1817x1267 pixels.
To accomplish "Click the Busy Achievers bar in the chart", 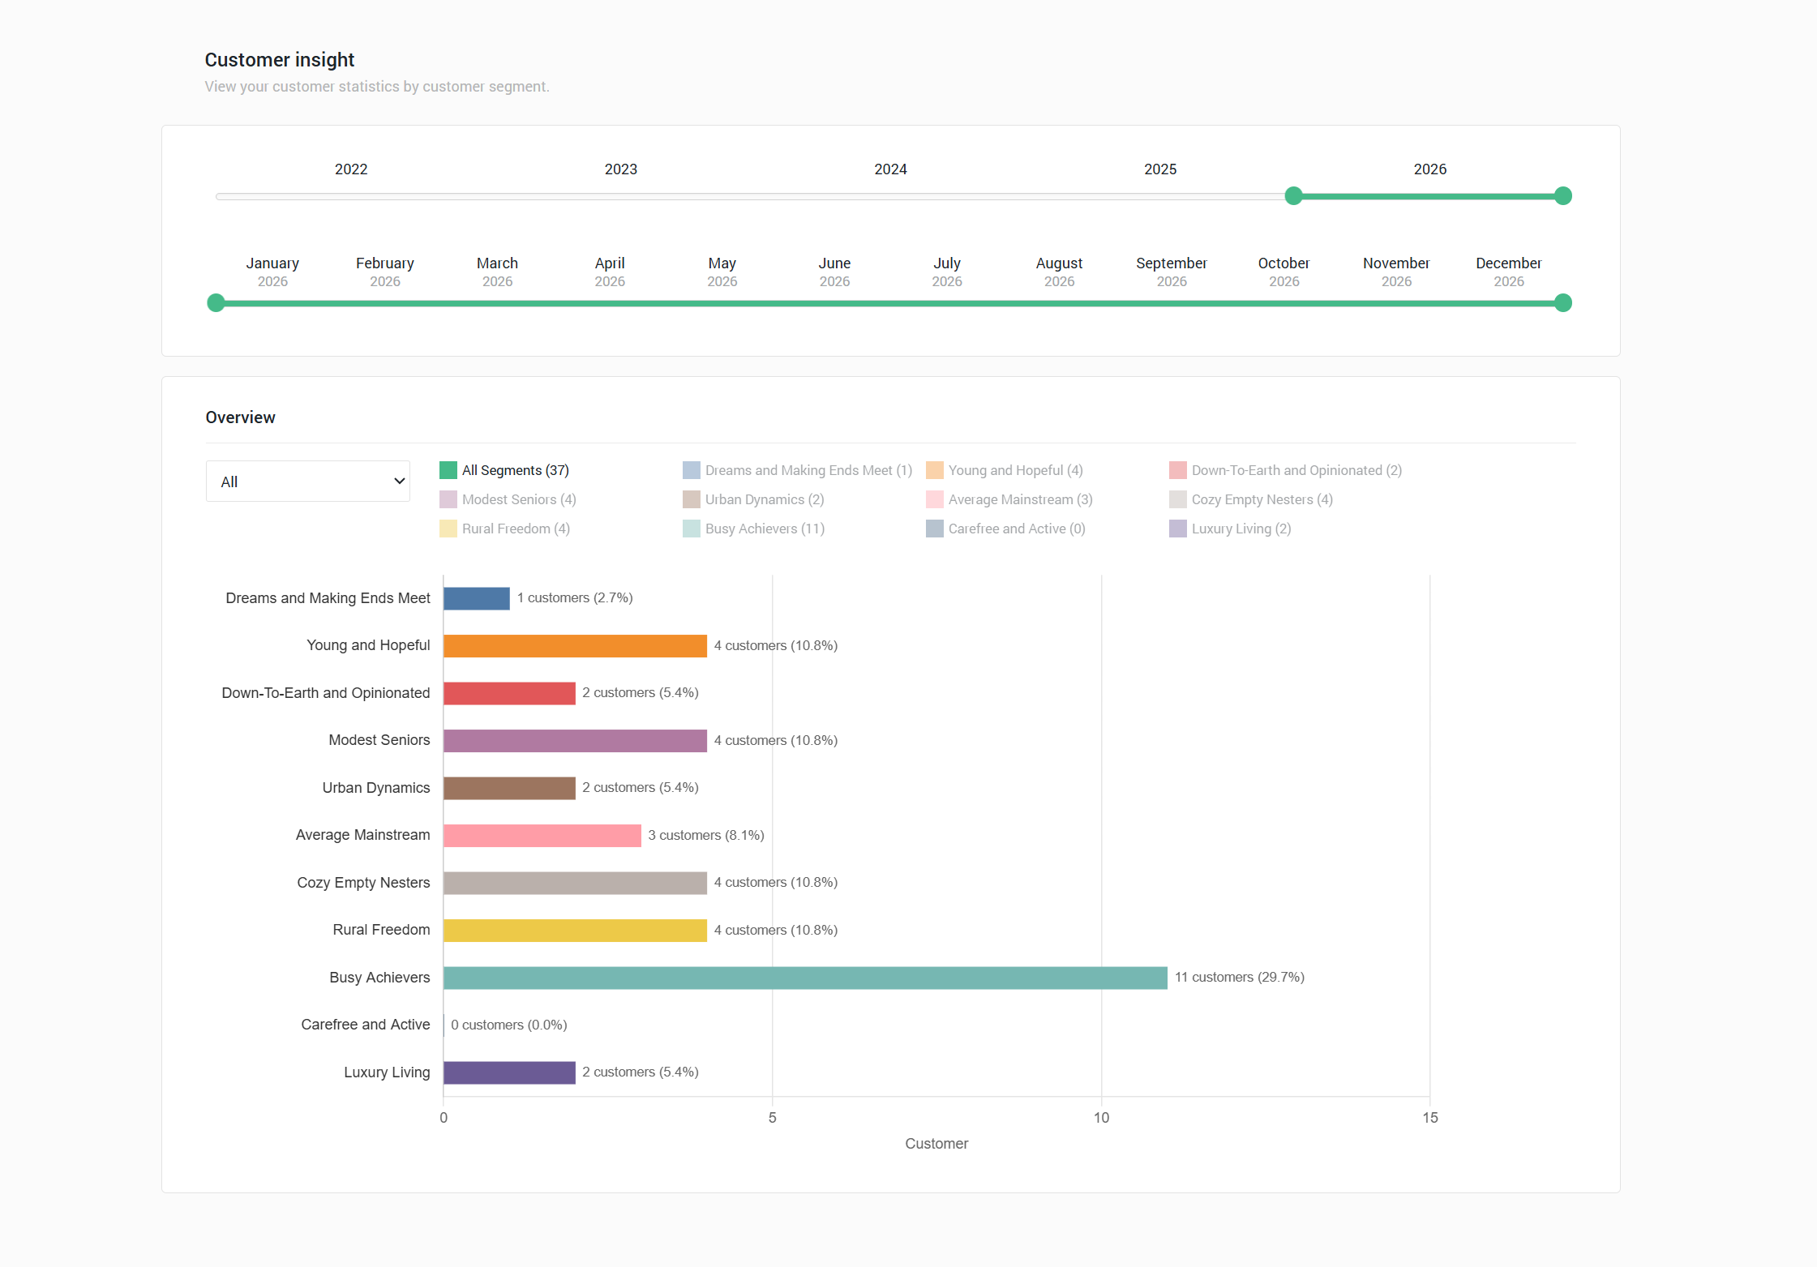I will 804,978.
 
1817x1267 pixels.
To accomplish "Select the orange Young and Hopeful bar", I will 575,646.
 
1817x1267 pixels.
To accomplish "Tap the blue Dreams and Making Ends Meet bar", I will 477,598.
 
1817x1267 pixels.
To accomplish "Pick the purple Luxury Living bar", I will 509,1072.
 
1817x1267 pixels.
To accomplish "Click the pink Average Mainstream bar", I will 542,836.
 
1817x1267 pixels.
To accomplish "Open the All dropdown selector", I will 308,482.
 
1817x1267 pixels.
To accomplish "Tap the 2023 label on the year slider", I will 621,169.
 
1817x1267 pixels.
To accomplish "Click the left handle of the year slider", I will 1294,196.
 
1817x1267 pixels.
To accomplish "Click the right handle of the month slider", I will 1563,303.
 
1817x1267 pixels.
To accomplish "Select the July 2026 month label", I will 947,272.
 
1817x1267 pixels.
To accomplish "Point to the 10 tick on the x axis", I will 1101,1118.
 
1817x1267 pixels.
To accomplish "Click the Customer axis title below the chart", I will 936,1144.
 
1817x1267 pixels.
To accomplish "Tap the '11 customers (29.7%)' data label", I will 1239,978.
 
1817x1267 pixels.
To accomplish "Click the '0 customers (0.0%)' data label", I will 508,1025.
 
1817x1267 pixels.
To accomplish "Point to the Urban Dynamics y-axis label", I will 376,788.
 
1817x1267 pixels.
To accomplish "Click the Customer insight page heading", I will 280,60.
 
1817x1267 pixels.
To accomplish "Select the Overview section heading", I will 241,417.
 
